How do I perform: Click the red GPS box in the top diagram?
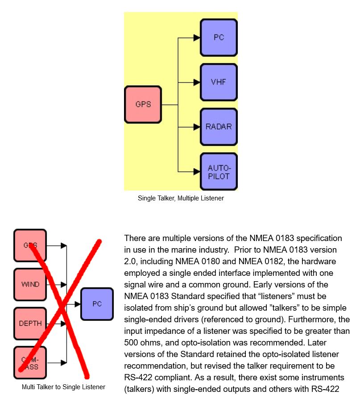(x=143, y=104)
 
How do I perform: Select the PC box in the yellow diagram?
(x=219, y=37)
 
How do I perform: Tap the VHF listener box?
(x=219, y=82)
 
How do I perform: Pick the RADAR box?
(x=219, y=127)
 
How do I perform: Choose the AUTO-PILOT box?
(x=219, y=172)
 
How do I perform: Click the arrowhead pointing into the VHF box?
(x=196, y=83)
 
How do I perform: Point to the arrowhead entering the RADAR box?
(x=196, y=127)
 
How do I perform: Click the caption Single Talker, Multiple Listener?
(x=181, y=198)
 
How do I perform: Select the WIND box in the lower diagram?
(x=30, y=284)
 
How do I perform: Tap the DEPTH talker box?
(x=30, y=324)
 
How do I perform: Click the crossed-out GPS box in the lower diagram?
(x=30, y=245)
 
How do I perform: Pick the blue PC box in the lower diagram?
(x=97, y=304)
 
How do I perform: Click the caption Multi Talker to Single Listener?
(x=63, y=387)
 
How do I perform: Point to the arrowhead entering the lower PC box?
(x=77, y=304)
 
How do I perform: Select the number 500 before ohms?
(x=131, y=343)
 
